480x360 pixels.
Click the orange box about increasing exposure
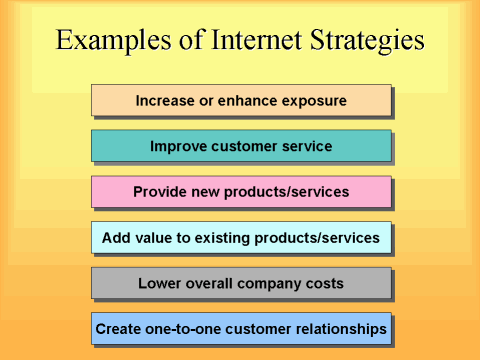click(240, 100)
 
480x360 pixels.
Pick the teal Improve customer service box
click(240, 146)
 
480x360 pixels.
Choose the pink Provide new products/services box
click(240, 192)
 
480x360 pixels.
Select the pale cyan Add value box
click(240, 238)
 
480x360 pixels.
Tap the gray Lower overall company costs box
click(240, 283)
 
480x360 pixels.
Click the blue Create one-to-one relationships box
click(240, 328)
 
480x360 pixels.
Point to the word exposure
click(314, 101)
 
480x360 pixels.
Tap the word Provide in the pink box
click(161, 192)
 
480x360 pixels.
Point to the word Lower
click(160, 283)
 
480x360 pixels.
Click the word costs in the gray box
click(322, 283)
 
